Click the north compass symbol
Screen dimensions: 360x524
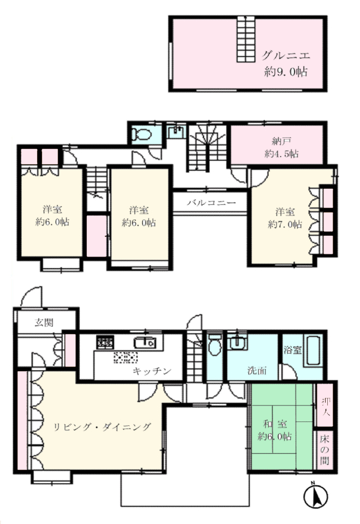point(315,495)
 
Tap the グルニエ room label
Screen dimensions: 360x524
point(285,55)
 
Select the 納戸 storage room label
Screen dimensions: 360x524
point(281,141)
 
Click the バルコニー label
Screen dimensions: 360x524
point(211,202)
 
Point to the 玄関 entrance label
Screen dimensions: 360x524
point(44,323)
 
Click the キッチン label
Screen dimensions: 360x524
point(152,371)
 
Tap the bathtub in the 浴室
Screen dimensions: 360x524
point(314,350)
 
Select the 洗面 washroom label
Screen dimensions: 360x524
point(257,370)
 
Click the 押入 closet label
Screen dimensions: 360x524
point(325,406)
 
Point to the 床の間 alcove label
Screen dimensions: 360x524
point(324,449)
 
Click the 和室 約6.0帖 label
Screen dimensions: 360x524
point(275,430)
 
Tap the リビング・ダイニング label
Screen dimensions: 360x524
point(102,427)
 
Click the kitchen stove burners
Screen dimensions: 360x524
point(105,342)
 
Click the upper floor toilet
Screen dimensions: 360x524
point(141,134)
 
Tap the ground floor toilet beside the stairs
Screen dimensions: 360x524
point(215,344)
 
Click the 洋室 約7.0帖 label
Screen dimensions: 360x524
point(285,218)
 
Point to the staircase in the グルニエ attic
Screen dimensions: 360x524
point(246,39)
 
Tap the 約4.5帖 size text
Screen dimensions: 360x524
point(281,154)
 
